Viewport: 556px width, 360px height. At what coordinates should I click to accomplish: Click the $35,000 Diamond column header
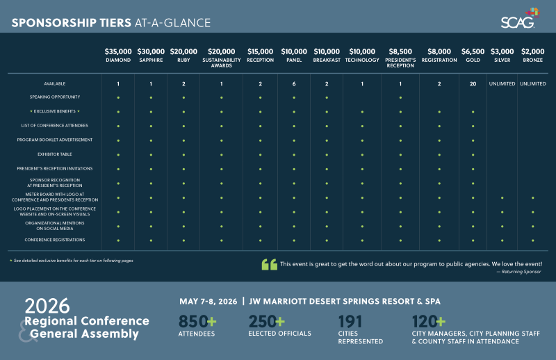(118, 55)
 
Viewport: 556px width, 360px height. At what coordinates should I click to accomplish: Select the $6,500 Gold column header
(473, 55)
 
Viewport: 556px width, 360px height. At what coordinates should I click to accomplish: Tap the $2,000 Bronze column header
(532, 55)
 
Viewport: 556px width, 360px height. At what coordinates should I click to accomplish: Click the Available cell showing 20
(473, 83)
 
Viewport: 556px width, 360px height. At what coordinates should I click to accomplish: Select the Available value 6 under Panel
(294, 83)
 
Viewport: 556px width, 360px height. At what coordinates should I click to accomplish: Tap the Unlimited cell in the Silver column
(502, 83)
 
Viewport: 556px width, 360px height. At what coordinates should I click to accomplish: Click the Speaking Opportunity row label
(55, 97)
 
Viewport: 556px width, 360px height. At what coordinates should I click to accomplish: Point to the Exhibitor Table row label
(55, 154)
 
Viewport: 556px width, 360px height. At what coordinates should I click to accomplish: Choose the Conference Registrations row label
(55, 240)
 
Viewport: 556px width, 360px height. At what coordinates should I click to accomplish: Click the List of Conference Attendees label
(55, 125)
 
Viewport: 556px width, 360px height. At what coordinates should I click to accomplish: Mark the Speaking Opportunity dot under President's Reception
(400, 97)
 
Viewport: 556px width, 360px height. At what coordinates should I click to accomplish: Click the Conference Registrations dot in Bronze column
(532, 240)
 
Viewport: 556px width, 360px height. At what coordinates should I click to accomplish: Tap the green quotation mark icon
(269, 265)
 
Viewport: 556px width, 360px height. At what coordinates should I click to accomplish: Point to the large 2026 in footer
(47, 306)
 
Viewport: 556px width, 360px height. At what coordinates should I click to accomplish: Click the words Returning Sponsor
(520, 272)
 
